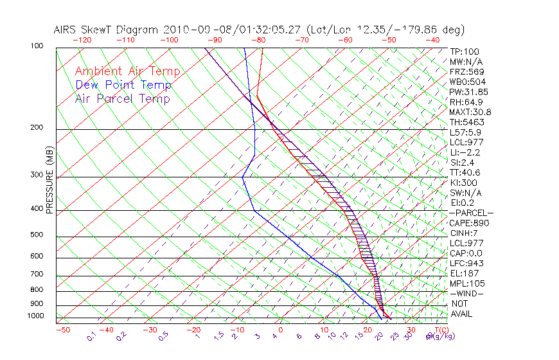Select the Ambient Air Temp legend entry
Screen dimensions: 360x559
click(127, 71)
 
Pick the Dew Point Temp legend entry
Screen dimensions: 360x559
click(123, 85)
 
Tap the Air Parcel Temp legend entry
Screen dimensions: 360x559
click(123, 98)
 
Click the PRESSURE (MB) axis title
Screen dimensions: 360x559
click(49, 183)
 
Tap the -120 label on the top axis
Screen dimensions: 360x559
click(82, 40)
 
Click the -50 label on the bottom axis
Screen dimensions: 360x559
click(62, 330)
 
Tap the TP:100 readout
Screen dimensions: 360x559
click(464, 51)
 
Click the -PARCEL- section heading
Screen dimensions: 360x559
click(471, 213)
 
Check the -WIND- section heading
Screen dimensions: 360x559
click(468, 294)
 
